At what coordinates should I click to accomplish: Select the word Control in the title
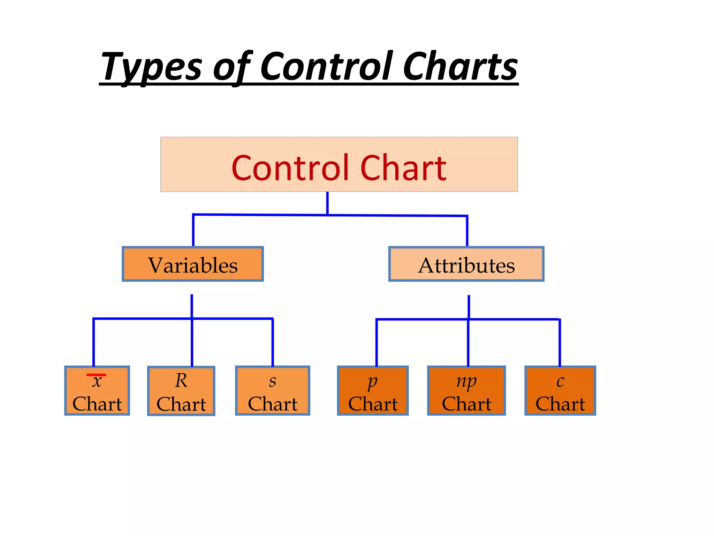[326, 66]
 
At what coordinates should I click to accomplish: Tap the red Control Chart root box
[339, 165]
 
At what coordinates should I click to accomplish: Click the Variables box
[193, 264]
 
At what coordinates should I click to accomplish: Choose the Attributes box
[466, 264]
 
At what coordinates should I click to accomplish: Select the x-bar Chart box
[97, 390]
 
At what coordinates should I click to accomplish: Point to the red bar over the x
[96, 375]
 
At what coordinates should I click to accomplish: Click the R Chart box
[181, 391]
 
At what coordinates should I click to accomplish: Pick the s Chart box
[273, 390]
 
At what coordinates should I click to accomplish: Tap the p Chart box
[373, 390]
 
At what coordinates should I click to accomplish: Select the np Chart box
[466, 390]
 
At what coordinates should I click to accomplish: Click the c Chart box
[560, 390]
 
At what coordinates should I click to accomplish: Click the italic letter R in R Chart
[181, 380]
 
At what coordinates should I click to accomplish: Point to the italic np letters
[466, 381]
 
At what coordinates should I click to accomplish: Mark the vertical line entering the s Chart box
[273, 342]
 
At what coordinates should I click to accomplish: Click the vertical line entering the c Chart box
[560, 342]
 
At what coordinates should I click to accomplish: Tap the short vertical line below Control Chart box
[327, 203]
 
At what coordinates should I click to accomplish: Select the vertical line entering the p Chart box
[377, 342]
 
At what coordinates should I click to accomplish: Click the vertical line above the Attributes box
[467, 231]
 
